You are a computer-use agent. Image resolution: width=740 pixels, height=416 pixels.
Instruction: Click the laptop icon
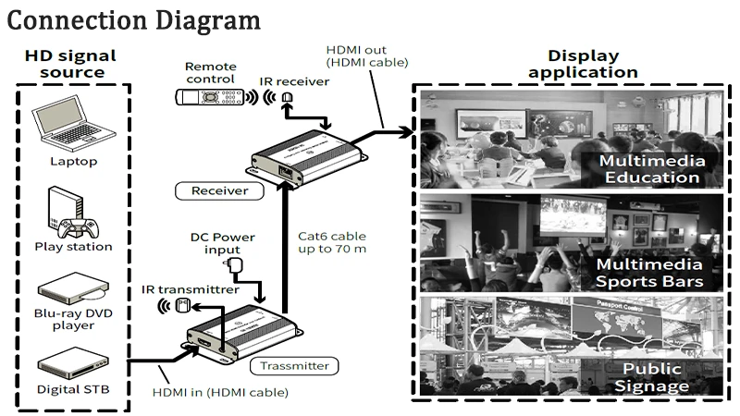[x=73, y=124]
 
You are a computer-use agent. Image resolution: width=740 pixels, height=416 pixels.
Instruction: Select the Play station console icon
[x=73, y=213]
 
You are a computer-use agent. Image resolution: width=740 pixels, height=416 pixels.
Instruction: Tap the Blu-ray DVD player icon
[x=73, y=288]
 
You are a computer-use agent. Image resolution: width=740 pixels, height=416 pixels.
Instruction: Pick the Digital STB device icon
[x=73, y=363]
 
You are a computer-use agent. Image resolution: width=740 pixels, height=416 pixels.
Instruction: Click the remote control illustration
[x=210, y=97]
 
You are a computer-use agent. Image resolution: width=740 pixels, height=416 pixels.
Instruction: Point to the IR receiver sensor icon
[x=287, y=97]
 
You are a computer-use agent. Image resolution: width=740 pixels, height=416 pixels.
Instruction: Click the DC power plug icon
[x=235, y=265]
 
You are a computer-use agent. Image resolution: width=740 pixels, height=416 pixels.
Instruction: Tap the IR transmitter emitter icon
[x=183, y=306]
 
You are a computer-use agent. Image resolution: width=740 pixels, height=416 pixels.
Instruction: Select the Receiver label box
[x=219, y=191]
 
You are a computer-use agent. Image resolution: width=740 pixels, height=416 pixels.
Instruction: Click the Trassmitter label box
[x=294, y=366]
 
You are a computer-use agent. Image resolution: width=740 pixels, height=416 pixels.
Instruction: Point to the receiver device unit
[x=306, y=157]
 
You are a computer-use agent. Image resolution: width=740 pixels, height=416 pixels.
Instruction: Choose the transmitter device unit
[x=244, y=333]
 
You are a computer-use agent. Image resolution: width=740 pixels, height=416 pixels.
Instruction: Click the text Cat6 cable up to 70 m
[x=332, y=242]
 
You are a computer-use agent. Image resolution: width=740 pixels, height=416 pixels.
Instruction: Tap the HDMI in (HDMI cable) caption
[x=220, y=392]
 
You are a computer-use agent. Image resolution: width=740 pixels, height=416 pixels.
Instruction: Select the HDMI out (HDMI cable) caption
[x=367, y=56]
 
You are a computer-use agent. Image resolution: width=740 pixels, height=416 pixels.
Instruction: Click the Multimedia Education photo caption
[x=652, y=169]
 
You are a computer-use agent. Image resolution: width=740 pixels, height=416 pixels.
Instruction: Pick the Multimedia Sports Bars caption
[x=649, y=273]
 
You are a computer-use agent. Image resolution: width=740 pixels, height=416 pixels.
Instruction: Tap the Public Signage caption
[x=652, y=377]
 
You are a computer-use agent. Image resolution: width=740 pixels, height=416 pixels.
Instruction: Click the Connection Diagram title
[x=133, y=21]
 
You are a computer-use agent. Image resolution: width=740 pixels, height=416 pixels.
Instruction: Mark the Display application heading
[x=584, y=64]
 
